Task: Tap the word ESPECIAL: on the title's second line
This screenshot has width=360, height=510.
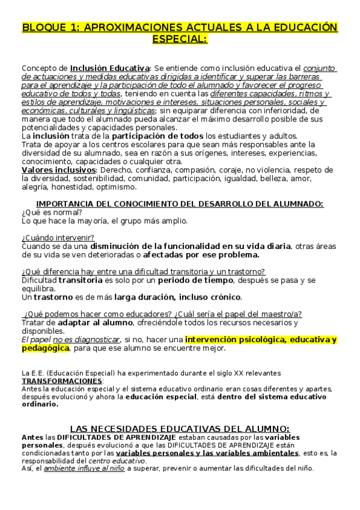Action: (180, 40)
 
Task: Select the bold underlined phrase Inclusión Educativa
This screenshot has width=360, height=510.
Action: (110, 69)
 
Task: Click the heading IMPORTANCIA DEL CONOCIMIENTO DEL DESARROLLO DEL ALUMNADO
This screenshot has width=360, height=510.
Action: (180, 204)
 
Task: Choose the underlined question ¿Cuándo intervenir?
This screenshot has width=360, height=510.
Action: (58, 238)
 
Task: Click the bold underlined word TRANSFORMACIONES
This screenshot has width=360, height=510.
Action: (62, 381)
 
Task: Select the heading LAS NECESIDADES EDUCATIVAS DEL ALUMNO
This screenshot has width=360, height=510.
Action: (180, 428)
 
